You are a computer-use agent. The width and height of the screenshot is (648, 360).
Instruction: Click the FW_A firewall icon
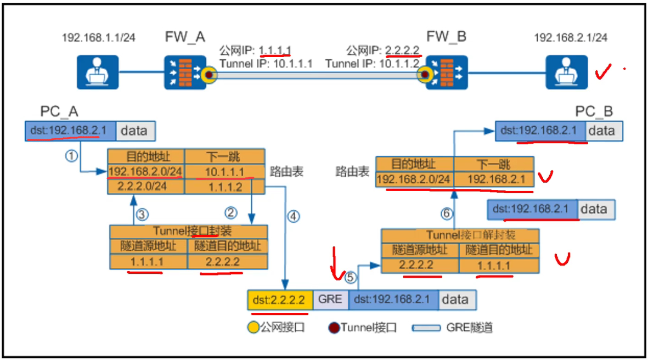pos(185,72)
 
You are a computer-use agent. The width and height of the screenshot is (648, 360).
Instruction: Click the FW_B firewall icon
pos(447,72)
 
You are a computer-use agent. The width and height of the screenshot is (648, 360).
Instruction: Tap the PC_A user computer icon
pos(98,72)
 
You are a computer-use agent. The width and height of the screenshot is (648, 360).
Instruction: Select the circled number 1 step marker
pos(71,156)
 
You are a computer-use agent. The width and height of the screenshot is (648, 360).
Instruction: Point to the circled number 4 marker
pos(294,216)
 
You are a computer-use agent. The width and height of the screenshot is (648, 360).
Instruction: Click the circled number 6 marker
pos(446,213)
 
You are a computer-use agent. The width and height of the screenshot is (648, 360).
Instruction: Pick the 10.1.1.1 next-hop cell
pos(225,172)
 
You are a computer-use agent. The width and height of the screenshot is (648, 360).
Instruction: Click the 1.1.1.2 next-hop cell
pos(225,187)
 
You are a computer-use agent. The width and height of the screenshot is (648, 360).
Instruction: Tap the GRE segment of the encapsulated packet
pos(330,299)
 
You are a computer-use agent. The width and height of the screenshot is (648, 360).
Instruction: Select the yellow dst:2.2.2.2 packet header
pos(280,299)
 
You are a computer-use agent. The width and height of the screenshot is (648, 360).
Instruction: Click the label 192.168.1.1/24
pos(98,38)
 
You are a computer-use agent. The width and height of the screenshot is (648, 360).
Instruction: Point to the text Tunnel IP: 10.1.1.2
pos(372,64)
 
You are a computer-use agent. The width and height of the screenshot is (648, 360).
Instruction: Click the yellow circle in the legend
pos(253,328)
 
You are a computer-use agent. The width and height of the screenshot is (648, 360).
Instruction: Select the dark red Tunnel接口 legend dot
pos(334,328)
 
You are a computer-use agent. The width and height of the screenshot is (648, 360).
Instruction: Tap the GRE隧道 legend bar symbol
pos(426,328)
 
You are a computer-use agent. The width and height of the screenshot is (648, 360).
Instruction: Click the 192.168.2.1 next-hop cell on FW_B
pos(494,179)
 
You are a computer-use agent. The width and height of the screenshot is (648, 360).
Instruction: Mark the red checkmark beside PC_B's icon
pos(603,71)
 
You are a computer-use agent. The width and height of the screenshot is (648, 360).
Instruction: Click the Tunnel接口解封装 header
pos(460,235)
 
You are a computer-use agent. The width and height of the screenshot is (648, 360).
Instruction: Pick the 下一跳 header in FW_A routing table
pos(225,156)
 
